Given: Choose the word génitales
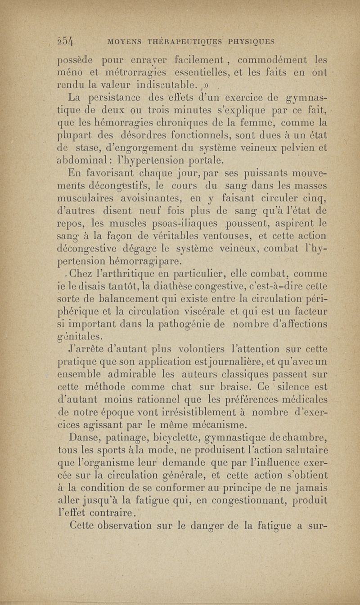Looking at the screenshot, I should click(x=81, y=335).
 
